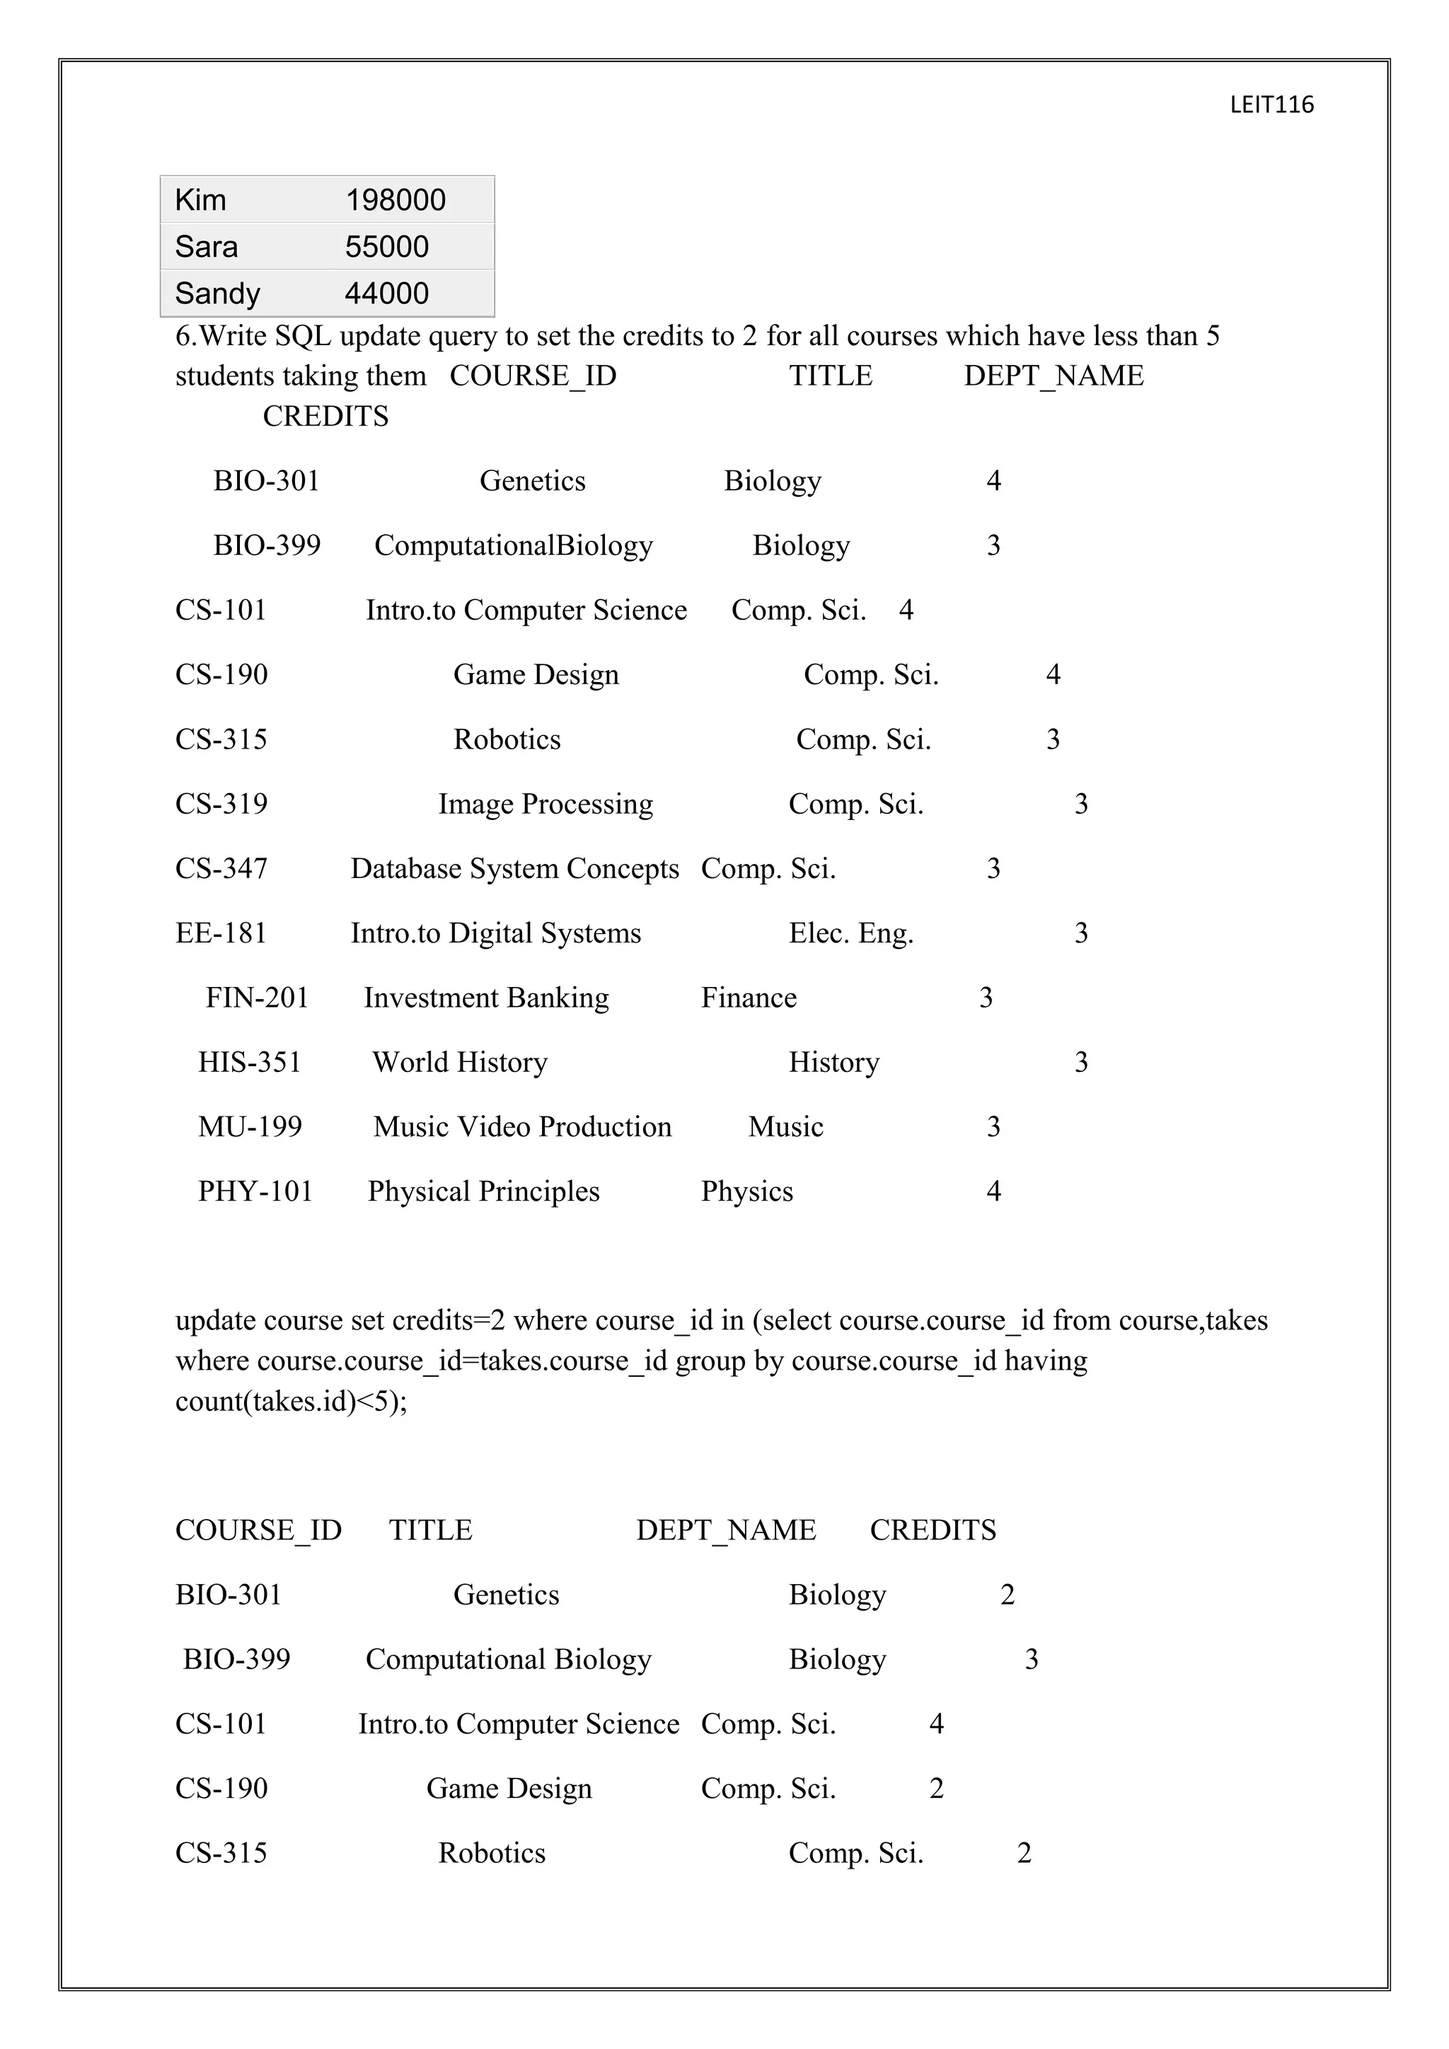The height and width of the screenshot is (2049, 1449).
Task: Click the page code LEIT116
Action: click(1271, 105)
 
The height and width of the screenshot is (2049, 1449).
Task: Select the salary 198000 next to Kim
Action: click(396, 200)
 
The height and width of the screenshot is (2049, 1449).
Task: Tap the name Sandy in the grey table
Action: click(217, 294)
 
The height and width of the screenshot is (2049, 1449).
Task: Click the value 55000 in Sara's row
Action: click(386, 246)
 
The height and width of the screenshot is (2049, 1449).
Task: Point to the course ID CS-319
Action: click(221, 804)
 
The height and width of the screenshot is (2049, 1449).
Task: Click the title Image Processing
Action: click(545, 804)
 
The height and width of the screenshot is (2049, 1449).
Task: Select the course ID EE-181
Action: click(220, 933)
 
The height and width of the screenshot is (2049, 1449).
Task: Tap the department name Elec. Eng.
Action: click(850, 933)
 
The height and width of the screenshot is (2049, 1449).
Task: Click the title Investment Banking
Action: click(485, 998)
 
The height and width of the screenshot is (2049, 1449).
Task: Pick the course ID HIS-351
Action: click(249, 1062)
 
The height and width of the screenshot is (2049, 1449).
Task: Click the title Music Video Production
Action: click(522, 1127)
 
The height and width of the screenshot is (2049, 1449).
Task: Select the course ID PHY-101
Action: click(255, 1191)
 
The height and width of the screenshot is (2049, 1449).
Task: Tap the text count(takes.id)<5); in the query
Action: click(291, 1401)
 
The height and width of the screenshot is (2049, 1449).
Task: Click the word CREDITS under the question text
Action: click(325, 417)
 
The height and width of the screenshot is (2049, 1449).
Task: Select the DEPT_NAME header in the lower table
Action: click(725, 1530)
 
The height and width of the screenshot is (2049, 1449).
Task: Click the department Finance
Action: click(748, 998)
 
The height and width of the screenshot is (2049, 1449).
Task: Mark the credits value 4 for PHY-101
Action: click(993, 1191)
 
